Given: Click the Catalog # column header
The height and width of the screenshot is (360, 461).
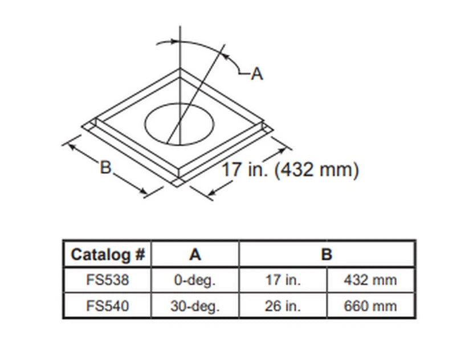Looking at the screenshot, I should click(108, 254).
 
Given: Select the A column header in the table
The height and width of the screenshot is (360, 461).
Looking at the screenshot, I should click(195, 254).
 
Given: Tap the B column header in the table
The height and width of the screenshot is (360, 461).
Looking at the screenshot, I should click(326, 254).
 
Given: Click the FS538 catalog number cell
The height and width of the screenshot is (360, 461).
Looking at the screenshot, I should click(108, 280).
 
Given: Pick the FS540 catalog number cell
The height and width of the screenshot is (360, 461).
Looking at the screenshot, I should click(108, 306).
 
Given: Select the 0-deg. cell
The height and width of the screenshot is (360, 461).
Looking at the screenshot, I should click(195, 280).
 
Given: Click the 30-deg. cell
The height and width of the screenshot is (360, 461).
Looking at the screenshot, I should click(195, 306).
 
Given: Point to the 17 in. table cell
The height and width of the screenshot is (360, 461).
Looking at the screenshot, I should click(283, 280).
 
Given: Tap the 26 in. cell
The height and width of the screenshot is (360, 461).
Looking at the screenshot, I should click(283, 306).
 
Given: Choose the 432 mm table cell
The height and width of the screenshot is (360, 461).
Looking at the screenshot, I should click(370, 280).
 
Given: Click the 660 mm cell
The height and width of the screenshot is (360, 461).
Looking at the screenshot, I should click(370, 306).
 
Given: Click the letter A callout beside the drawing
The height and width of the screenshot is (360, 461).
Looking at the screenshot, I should click(257, 73).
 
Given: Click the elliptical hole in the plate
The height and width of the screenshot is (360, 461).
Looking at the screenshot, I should click(182, 122).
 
